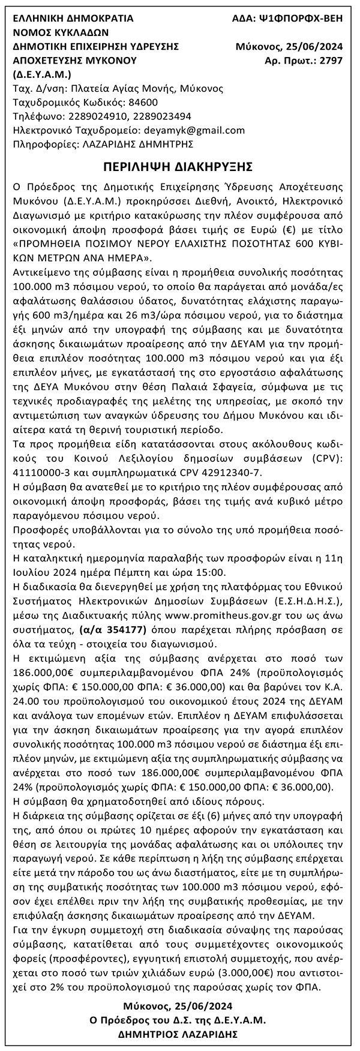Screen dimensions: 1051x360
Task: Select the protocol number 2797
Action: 331,61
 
